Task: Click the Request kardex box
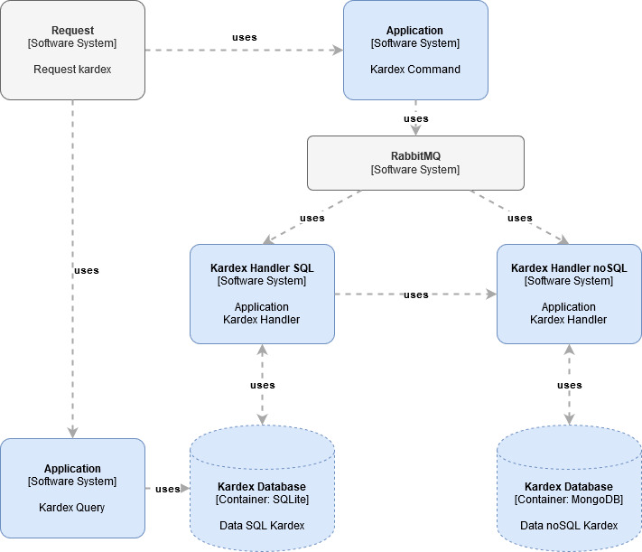tap(72, 50)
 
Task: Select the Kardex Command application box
tap(415, 50)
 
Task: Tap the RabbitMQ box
tap(415, 163)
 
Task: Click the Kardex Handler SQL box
tap(262, 294)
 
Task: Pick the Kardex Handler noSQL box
tap(569, 294)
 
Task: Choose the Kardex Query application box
tap(72, 488)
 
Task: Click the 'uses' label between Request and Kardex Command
tap(245, 37)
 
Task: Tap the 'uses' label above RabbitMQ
tap(416, 118)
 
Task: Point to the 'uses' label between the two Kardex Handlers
tap(416, 295)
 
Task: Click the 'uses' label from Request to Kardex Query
tap(87, 270)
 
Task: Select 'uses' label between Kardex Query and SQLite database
tap(167, 489)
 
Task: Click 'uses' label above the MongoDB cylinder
tap(570, 386)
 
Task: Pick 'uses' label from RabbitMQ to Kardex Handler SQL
tap(312, 218)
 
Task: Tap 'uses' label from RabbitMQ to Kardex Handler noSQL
tap(520, 218)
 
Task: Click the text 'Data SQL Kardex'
tap(262, 525)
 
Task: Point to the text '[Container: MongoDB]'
tap(569, 500)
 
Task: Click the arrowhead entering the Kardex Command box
tap(338, 50)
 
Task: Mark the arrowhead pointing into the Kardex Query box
tap(72, 433)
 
